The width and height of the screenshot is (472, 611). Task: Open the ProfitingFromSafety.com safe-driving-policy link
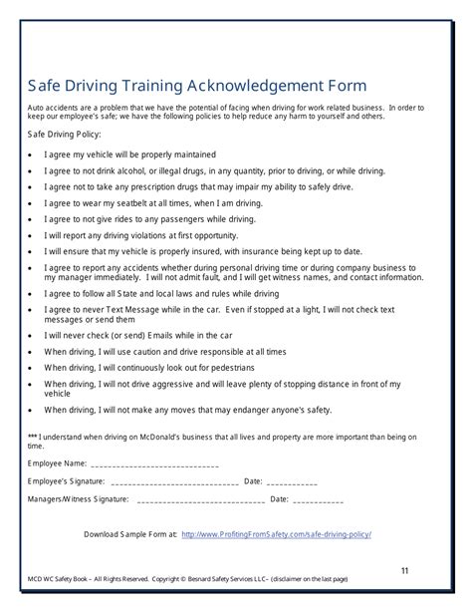pos(277,533)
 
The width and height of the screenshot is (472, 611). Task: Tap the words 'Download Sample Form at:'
pos(129,533)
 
